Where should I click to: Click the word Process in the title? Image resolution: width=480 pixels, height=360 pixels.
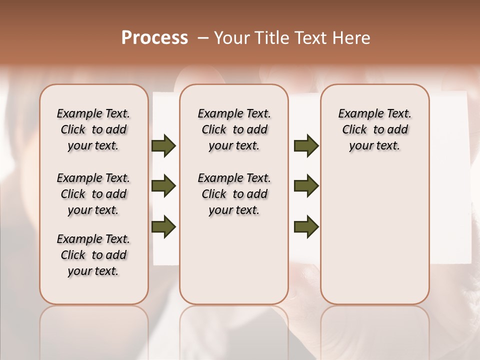(x=154, y=38)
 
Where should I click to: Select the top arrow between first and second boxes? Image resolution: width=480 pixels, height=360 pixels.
(x=163, y=146)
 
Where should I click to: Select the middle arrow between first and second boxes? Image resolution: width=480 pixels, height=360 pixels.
(x=163, y=186)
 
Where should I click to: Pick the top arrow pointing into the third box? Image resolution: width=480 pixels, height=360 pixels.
(x=306, y=146)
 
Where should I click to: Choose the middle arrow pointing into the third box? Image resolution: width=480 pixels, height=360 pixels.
(x=306, y=186)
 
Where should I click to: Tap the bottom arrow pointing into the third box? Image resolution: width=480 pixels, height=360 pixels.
(x=306, y=226)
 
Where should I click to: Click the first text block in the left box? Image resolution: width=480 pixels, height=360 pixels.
(x=93, y=129)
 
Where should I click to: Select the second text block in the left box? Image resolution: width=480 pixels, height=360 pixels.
(x=93, y=194)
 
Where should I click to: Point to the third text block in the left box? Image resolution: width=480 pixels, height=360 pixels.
(x=93, y=255)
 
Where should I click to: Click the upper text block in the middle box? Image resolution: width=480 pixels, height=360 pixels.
(x=234, y=129)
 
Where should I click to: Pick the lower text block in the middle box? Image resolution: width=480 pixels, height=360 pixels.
(x=234, y=194)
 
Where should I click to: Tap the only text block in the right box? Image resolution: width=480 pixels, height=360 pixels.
(x=374, y=129)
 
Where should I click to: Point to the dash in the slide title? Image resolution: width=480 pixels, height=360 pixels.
(x=202, y=38)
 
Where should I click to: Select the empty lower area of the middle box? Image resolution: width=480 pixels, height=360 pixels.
(x=234, y=260)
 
